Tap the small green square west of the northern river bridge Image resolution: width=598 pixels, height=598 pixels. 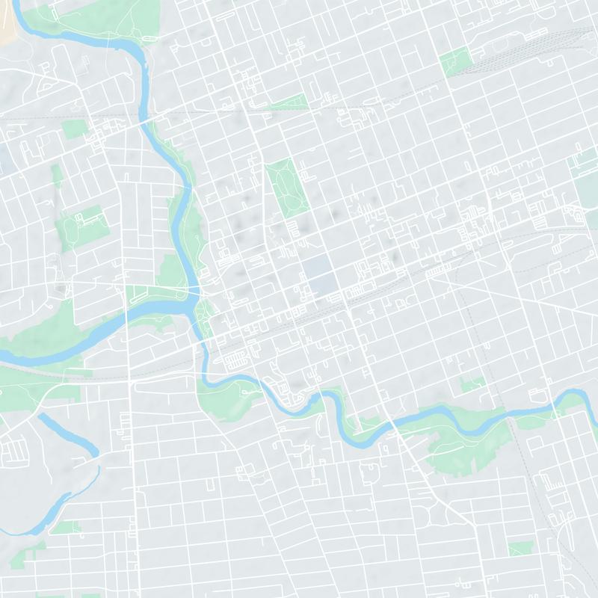tap(73, 129)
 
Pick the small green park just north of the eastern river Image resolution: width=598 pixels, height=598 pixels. tap(472, 384)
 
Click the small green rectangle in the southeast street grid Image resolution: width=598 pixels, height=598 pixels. tap(520, 549)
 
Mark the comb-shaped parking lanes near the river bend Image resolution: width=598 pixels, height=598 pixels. tap(236, 359)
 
